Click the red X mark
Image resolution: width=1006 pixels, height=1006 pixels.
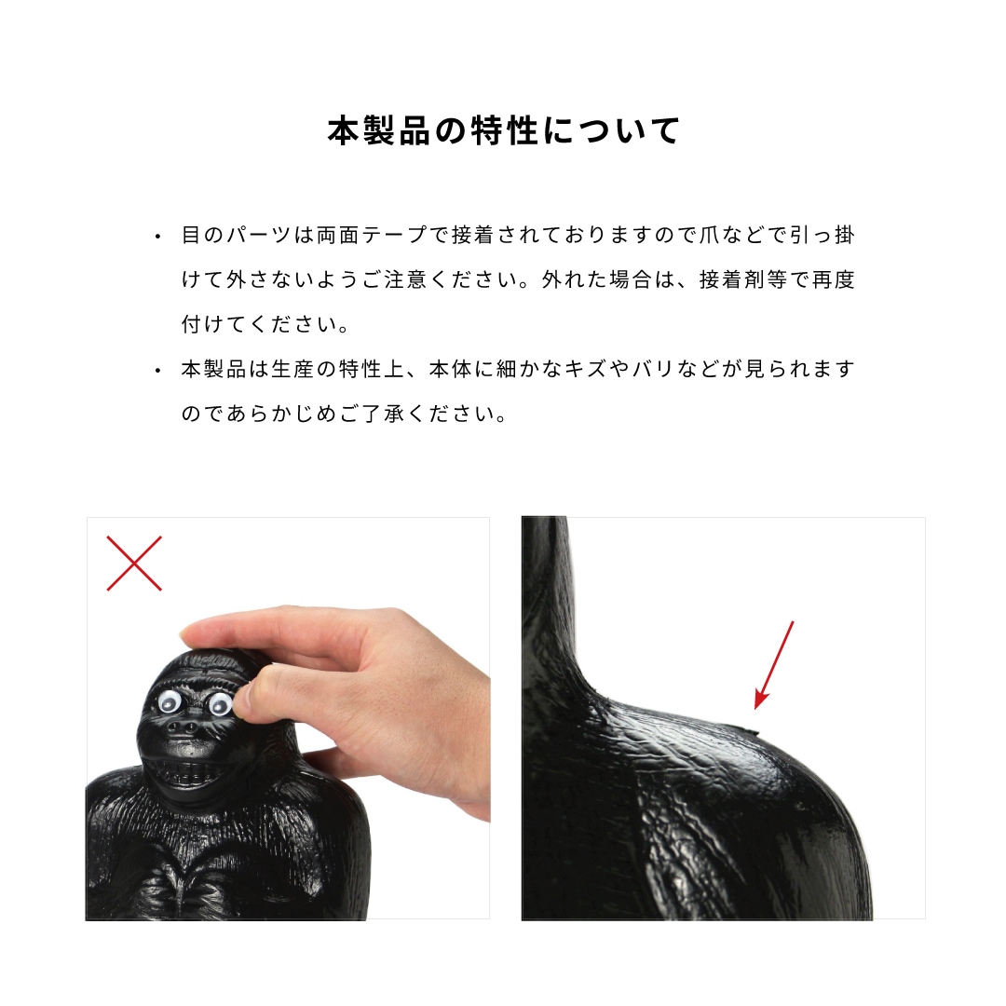click(134, 563)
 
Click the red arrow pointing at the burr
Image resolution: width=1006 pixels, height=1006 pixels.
click(775, 663)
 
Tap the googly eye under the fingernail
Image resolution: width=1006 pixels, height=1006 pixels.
click(220, 703)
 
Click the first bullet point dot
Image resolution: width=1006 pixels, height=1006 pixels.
click(158, 237)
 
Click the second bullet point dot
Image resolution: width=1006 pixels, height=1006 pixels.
click(158, 371)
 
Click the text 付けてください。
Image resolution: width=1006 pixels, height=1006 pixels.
click(265, 325)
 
